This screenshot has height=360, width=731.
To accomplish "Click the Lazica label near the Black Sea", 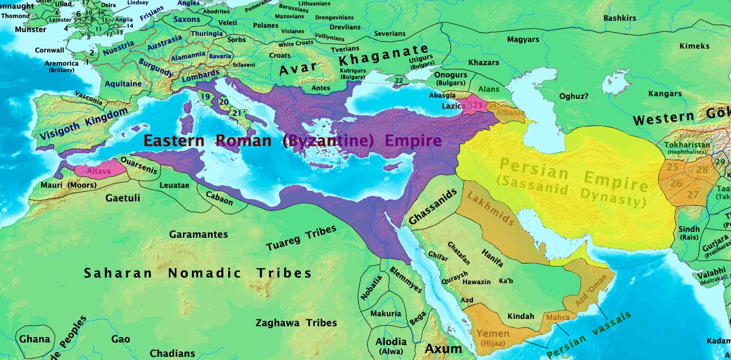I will pyautogui.click(x=452, y=106).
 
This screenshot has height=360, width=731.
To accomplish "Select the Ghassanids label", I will pyautogui.click(x=433, y=206).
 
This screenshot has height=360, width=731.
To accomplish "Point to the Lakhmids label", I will pyautogui.click(x=491, y=209).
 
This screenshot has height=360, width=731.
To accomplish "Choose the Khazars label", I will pyautogui.click(x=483, y=62).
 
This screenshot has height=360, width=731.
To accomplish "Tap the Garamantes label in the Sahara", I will pyautogui.click(x=198, y=234).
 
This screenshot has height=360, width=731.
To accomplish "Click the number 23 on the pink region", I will pyautogui.click(x=477, y=106).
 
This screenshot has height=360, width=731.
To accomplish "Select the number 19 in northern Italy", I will pyautogui.click(x=205, y=97).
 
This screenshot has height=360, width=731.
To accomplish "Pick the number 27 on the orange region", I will pyautogui.click(x=693, y=195).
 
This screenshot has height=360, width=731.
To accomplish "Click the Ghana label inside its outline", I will pyautogui.click(x=35, y=339).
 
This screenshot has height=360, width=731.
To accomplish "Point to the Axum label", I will pyautogui.click(x=443, y=349).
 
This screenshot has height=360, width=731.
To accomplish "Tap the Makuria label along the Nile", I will pyautogui.click(x=385, y=314).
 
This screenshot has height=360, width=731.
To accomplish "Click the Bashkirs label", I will pyautogui.click(x=619, y=18).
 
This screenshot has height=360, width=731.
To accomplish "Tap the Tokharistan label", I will pyautogui.click(x=687, y=145).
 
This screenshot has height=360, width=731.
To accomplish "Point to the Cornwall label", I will pyautogui.click(x=50, y=50).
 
